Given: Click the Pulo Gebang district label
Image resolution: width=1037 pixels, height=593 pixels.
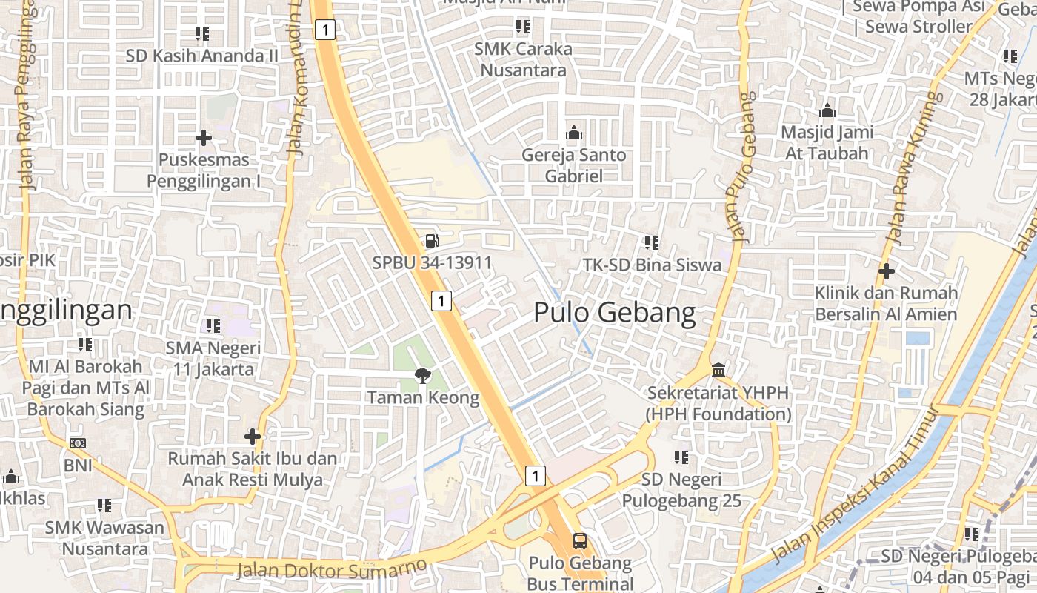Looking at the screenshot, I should tap(615, 314).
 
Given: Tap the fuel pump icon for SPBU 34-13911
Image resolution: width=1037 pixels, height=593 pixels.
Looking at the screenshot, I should tap(432, 240).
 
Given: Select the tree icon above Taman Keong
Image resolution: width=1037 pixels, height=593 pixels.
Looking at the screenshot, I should tap(423, 375).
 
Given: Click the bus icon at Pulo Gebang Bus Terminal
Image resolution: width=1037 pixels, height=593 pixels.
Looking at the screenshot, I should tap(580, 540).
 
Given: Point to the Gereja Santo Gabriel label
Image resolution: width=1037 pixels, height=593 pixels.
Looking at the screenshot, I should tap(574, 165).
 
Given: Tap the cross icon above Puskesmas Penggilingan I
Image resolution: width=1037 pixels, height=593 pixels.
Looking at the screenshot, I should tap(204, 137).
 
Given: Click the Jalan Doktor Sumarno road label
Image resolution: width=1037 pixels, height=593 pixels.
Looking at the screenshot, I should tap(332, 569).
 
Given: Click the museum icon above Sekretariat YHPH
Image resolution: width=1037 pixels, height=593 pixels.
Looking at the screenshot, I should tap(718, 369).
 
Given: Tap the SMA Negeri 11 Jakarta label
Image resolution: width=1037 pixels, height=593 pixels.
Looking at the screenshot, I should tap(213, 358).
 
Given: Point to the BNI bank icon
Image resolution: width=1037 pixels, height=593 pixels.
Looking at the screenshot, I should tap(78, 443).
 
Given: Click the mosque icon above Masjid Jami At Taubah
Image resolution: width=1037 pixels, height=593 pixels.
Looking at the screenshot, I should tap(827, 111).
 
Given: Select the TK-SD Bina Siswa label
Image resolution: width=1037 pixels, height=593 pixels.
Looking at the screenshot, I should tap(652, 265).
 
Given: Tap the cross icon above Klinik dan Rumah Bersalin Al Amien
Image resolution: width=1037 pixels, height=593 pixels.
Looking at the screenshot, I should tap(886, 271).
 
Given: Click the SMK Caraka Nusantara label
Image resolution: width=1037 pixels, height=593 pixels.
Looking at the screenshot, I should tap(524, 59).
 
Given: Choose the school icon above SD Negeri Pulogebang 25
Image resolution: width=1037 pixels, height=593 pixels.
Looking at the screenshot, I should tap(681, 457).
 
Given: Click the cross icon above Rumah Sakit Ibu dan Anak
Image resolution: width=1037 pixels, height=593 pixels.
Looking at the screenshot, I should tap(253, 436).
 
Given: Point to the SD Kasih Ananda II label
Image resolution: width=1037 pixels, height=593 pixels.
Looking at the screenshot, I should tap(202, 56).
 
